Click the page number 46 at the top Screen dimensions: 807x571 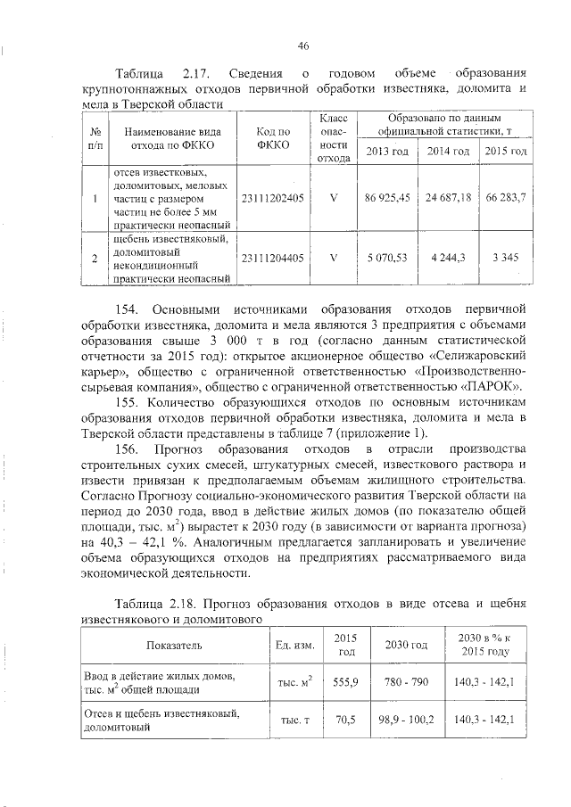(302, 45)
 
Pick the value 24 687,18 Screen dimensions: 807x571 (448, 197)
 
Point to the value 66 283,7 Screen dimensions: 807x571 (503, 197)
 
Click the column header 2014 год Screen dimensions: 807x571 (448, 151)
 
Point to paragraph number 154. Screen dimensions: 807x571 (131, 309)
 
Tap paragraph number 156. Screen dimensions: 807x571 (131, 447)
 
